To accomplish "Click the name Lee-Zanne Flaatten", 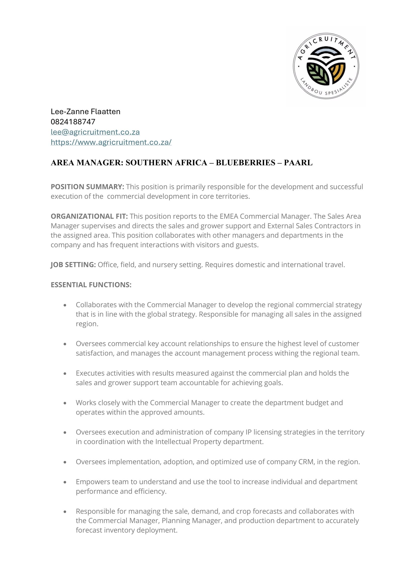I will [x=85, y=112].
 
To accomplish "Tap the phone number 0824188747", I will [x=73, y=122].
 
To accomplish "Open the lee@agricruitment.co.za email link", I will [x=95, y=132].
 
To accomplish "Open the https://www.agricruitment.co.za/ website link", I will [x=111, y=142].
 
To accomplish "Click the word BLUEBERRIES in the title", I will [x=246, y=163].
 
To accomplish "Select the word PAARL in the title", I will [x=298, y=163].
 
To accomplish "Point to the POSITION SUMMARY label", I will [x=87, y=187].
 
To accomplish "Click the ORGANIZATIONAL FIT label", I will [x=89, y=216].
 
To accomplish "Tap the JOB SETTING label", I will [x=73, y=265].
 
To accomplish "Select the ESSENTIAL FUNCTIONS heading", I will [x=91, y=285].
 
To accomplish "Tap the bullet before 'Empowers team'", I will [x=65, y=482].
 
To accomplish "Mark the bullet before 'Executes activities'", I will [x=65, y=374].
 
